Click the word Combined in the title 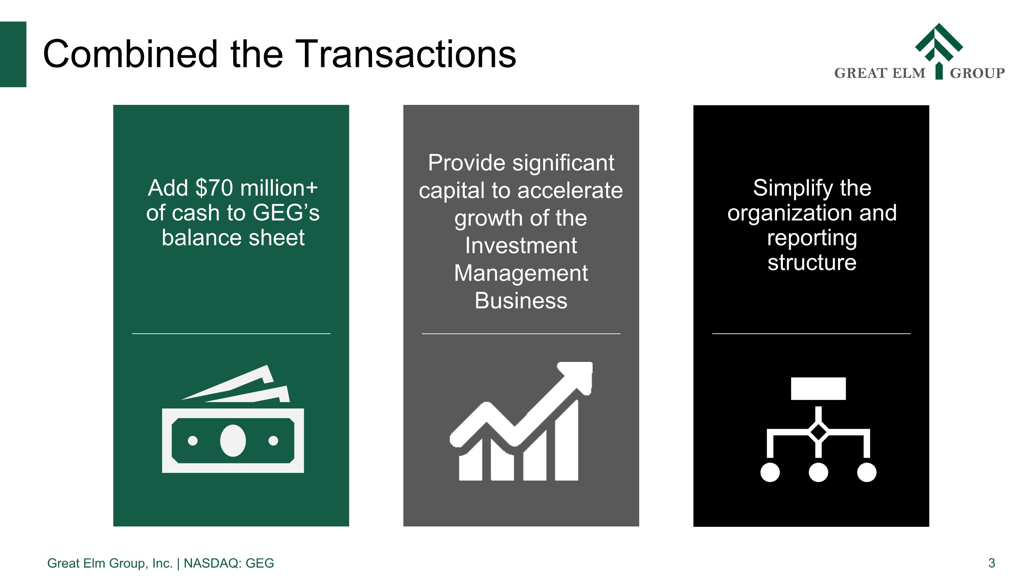(130, 55)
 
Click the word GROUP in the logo (977, 73)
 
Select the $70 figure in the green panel (214, 188)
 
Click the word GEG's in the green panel (286, 213)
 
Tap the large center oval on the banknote (233, 441)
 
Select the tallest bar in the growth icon (567, 442)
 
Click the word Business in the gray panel (521, 301)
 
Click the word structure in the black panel (812, 263)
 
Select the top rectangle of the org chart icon (818, 388)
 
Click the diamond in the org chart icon (818, 432)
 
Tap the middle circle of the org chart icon (818, 472)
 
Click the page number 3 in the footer (991, 563)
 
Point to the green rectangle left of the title (13, 54)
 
